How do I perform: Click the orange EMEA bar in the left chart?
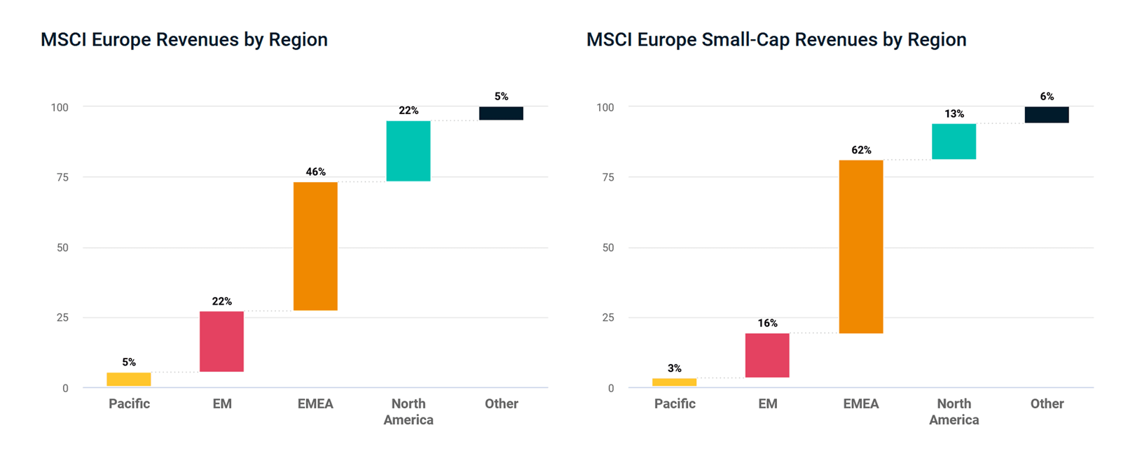pos(315,246)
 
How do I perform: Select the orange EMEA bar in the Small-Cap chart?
pos(861,247)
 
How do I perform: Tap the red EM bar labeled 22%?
pos(221,341)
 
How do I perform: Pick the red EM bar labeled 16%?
pos(767,355)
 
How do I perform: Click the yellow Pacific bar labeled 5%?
pos(129,380)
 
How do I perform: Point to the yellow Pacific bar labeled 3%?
pos(674,382)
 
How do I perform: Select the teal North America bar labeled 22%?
pos(408,151)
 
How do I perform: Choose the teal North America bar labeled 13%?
pos(954,141)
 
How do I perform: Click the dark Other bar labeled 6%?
pos(1047,115)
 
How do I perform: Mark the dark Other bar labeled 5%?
pos(501,113)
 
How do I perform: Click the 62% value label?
pos(861,150)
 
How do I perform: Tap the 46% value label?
pos(315,172)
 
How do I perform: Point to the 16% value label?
pos(767,323)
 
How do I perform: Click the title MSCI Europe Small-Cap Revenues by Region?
pos(776,40)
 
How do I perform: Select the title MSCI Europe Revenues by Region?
pos(184,40)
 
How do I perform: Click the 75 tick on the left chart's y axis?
pos(62,177)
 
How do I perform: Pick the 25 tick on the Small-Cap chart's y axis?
pos(608,317)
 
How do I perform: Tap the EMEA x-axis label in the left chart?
pos(315,403)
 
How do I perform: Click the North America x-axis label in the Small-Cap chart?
pos(954,412)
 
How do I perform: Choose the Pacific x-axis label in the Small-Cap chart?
pos(675,403)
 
